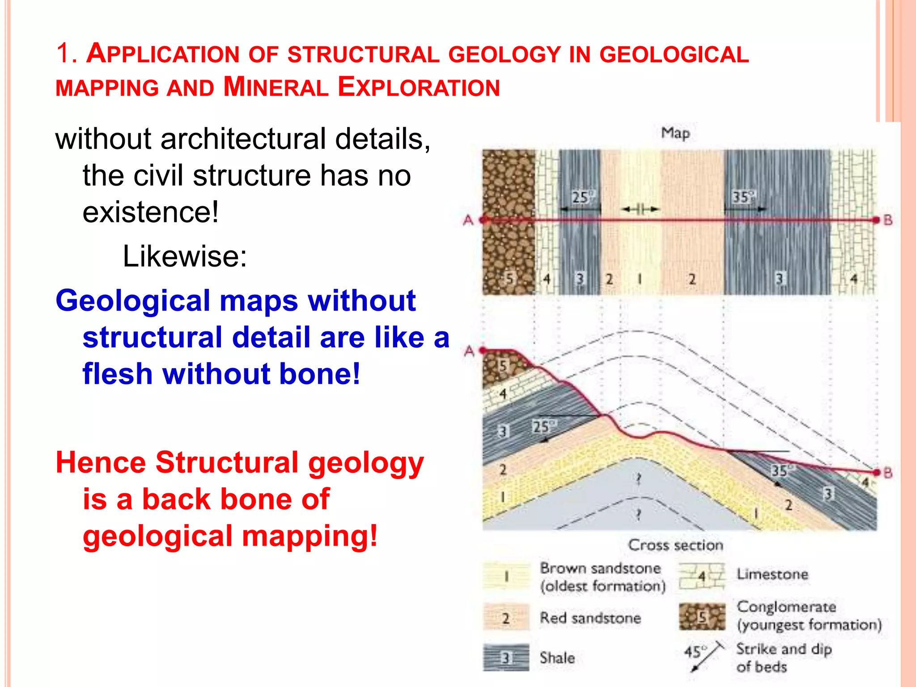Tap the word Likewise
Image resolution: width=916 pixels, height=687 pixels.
(184, 256)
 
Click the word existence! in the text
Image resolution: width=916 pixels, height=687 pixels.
(151, 212)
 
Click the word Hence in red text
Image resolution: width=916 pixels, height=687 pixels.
(101, 462)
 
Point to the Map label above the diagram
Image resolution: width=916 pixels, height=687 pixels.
(675, 133)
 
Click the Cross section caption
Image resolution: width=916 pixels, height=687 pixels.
(675, 545)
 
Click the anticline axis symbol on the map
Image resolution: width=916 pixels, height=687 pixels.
(640, 209)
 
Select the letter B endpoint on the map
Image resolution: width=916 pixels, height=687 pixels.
(887, 220)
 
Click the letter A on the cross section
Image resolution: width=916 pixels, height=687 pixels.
(469, 351)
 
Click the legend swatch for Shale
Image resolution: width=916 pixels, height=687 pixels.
(506, 657)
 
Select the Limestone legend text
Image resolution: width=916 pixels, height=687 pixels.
(772, 574)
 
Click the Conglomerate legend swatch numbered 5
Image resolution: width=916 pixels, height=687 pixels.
(702, 617)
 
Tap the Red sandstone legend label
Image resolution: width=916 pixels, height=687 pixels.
(590, 618)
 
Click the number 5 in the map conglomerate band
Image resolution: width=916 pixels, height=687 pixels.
(509, 279)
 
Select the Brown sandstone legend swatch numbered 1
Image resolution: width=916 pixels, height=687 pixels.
(506, 576)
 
